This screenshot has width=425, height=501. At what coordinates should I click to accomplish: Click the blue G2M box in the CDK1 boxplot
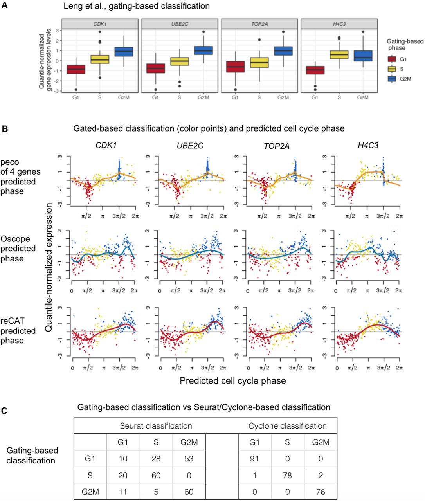124,52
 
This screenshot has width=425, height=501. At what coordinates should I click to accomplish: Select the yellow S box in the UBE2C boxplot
179,61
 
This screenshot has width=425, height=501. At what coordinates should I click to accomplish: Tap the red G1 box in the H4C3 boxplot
315,70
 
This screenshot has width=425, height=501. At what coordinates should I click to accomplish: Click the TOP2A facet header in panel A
259,24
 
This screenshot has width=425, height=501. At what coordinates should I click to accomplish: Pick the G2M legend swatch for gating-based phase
392,79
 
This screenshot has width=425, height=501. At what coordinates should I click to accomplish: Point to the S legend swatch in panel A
392,69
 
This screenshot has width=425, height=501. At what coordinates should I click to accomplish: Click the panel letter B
5,129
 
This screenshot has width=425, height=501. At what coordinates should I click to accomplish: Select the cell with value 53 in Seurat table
189,459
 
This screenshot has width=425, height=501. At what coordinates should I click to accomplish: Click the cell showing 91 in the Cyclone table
254,459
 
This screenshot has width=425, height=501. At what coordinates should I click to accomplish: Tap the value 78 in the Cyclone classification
287,475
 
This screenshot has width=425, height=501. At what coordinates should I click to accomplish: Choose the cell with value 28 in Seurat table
156,459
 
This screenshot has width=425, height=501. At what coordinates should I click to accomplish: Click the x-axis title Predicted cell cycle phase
232,381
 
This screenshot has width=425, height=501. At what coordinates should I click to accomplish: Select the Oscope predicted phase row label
18,249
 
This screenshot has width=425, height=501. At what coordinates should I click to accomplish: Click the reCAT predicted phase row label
18,331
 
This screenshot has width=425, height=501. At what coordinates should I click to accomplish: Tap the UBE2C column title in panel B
190,146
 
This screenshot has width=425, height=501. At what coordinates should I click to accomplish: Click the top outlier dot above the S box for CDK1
100,32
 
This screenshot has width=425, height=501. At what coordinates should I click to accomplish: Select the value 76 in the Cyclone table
321,492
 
